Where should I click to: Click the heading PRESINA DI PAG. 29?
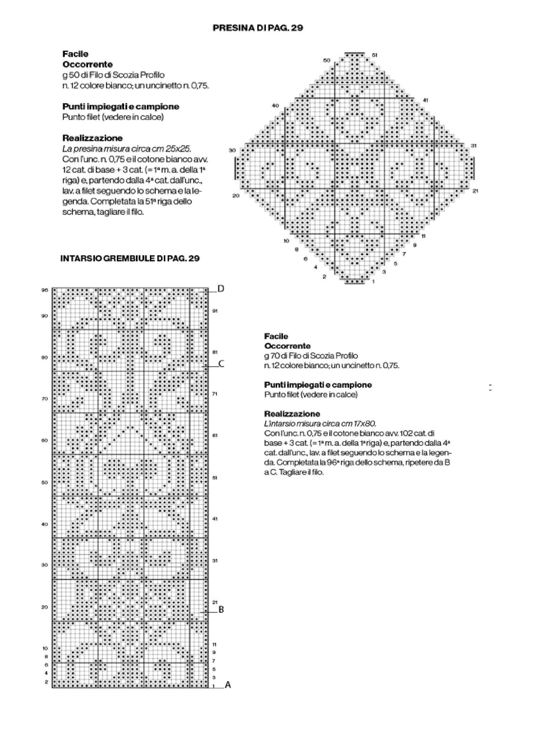258,28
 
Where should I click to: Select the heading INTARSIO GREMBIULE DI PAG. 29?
130,258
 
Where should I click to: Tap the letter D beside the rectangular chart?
221,289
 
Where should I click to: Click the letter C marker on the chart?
221,364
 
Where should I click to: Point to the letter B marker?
221,610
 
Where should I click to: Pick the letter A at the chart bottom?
227,685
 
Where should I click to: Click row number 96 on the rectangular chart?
45,290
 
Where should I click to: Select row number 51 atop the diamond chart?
374,55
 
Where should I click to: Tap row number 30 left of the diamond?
232,150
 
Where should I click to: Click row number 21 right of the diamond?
475,191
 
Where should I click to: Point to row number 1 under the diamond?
373,281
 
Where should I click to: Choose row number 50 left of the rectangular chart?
45,483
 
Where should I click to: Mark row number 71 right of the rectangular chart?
215,394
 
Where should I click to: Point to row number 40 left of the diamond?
275,106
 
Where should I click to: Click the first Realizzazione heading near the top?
92,138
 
